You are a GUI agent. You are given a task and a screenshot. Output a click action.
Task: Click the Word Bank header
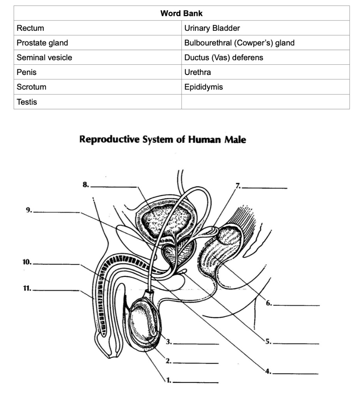182,13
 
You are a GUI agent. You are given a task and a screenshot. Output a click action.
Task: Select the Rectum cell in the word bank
30,28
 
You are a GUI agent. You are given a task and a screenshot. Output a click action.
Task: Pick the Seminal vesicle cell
44,58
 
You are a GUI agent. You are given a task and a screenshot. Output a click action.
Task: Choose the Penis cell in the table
27,72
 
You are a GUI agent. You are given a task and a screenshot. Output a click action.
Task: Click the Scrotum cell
31,87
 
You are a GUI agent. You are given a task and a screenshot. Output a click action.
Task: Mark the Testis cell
27,102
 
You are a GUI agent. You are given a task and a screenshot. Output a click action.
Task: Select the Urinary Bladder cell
212,28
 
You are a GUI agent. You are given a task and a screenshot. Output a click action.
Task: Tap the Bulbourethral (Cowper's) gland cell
239,43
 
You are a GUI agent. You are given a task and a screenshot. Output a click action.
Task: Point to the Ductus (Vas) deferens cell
223,58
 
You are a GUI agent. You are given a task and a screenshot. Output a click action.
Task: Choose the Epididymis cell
203,87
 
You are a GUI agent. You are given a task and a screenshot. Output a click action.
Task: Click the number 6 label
268,303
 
